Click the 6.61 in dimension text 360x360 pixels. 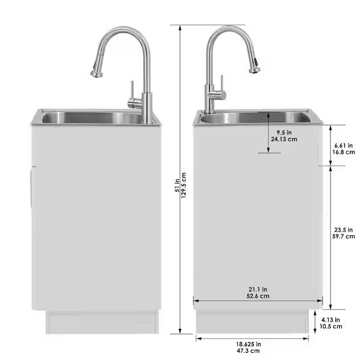pos(343,145)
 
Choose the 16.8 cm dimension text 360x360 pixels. pos(343,152)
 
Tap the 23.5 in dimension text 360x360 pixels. pos(344,229)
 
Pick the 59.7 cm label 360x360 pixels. pos(344,236)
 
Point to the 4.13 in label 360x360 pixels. pos(331,319)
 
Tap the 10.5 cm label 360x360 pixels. pos(331,326)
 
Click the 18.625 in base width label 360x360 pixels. pos(248,344)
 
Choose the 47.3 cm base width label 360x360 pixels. pos(248,351)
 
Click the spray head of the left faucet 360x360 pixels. pos(97,72)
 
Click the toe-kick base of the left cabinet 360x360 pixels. pos(102,322)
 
